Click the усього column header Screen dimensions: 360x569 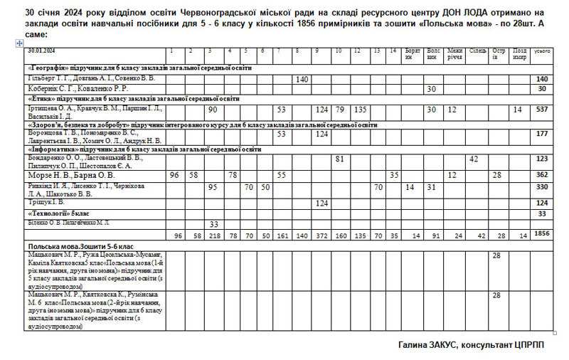542,51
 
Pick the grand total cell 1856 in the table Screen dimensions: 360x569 542,233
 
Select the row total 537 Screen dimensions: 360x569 542,110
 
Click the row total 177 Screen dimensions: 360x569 542,134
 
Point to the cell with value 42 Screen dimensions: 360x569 474,159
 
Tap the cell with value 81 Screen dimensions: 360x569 339,159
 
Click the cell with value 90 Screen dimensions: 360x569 212,110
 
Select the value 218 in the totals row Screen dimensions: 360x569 212,234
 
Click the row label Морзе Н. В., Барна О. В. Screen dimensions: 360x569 70,175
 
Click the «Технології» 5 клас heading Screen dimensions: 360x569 58,213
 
